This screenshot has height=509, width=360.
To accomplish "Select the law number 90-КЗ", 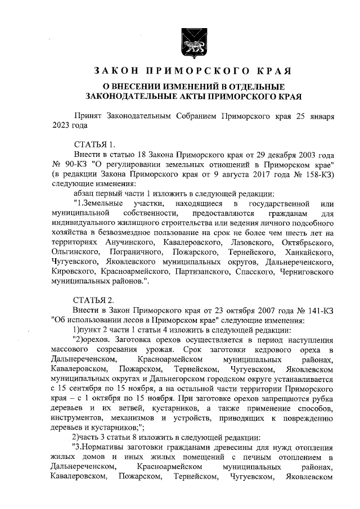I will (75, 164).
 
